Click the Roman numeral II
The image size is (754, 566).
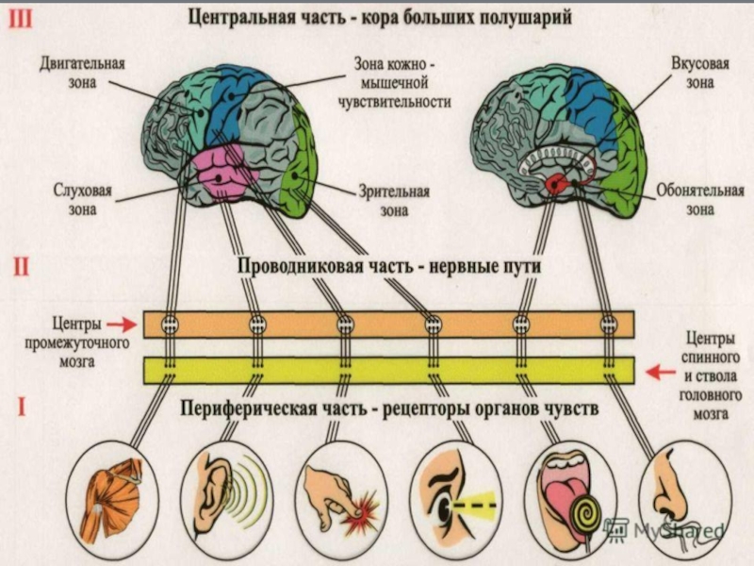click(22, 266)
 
